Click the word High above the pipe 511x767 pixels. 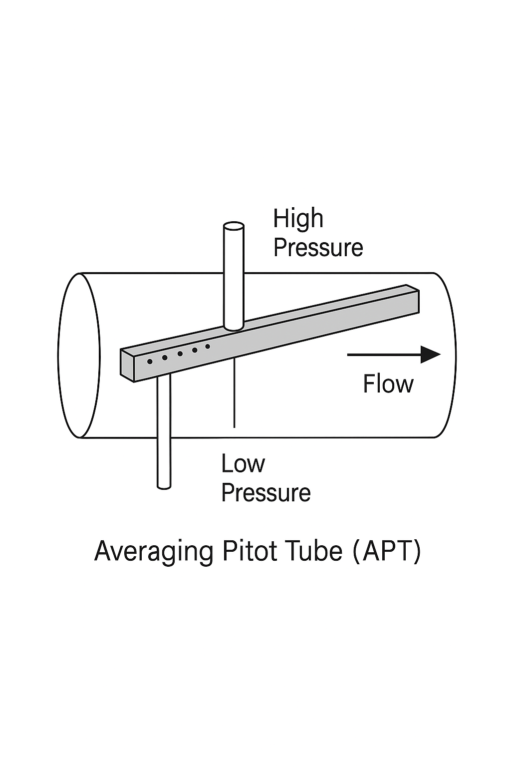click(x=298, y=219)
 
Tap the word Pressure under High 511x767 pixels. click(x=318, y=248)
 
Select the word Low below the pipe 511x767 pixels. click(x=243, y=464)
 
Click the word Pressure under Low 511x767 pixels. click(x=265, y=493)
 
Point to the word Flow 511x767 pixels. click(x=388, y=384)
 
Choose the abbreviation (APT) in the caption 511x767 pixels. click(x=387, y=551)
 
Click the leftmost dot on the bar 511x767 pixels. click(x=150, y=362)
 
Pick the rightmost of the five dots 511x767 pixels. click(x=208, y=347)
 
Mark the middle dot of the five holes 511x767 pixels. click(x=180, y=354)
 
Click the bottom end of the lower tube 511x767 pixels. click(x=164, y=485)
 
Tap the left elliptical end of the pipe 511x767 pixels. click(x=79, y=356)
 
